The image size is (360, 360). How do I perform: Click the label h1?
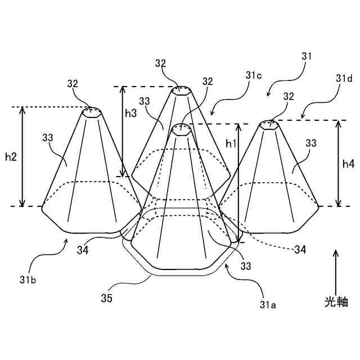tap(231, 143)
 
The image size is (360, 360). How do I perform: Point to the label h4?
tap(349, 164)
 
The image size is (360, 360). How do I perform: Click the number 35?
tap(106, 298)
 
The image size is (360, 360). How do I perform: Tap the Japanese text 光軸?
tap(336, 301)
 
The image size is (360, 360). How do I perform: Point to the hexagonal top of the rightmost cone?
tap(271, 125)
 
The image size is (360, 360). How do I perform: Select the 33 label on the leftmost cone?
tap(49, 138)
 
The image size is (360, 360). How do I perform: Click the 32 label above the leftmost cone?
tap(73, 84)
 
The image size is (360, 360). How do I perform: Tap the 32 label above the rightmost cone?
tap(289, 96)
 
